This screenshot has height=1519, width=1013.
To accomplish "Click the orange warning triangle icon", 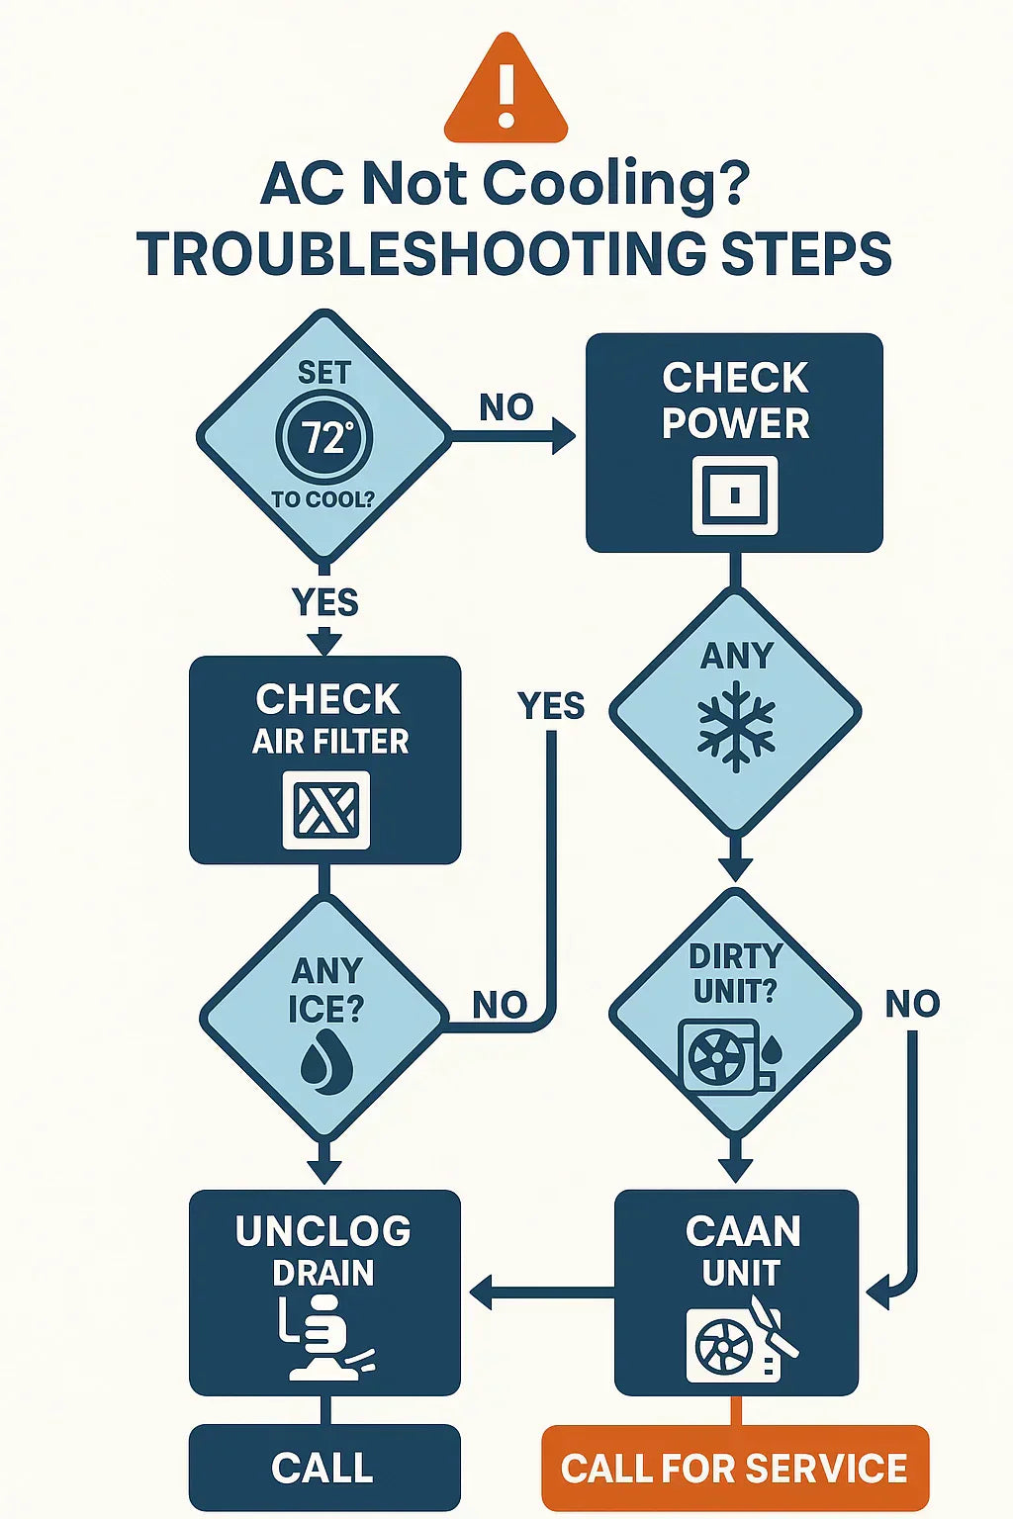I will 506,91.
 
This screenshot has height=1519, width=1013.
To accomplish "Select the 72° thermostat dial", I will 323,436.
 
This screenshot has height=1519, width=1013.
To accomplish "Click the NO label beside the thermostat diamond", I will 506,406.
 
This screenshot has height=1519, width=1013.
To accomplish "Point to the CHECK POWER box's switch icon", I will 734,494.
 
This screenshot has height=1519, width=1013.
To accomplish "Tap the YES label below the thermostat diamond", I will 324,601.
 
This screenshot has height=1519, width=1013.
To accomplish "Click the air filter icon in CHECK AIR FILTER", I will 325,811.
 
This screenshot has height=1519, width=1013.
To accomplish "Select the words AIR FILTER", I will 329,741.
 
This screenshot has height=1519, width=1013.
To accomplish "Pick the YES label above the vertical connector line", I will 551,705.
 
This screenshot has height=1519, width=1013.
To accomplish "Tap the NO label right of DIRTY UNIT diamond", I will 911,1004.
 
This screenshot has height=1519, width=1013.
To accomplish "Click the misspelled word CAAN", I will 742,1231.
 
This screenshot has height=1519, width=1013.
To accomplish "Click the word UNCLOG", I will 323,1231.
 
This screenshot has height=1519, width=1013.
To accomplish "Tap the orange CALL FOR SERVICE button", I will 734,1468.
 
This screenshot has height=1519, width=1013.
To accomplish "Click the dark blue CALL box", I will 323,1468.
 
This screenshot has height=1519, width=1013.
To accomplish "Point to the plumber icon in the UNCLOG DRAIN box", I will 323,1340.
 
